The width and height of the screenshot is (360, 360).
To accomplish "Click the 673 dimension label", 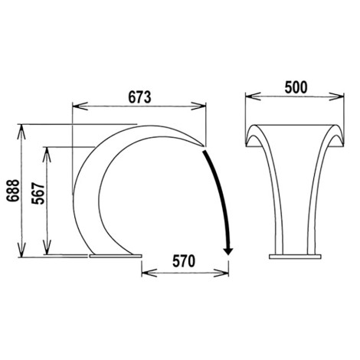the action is [139, 97].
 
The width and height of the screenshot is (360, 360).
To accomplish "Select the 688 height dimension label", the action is [13, 191].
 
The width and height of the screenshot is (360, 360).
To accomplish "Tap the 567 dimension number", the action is [38, 193].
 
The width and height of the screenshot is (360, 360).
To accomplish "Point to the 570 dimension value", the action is [184, 261].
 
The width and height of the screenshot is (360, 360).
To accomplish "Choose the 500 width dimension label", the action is [296, 87].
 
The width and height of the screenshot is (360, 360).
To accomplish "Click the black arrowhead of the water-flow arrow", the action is [228, 251].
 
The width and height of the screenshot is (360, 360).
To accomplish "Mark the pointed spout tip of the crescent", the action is [204, 146].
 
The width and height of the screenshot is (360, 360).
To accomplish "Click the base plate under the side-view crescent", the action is [116, 256].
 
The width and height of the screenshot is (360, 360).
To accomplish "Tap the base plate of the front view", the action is [295, 257].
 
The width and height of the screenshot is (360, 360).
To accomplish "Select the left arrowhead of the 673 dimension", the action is [80, 106].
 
